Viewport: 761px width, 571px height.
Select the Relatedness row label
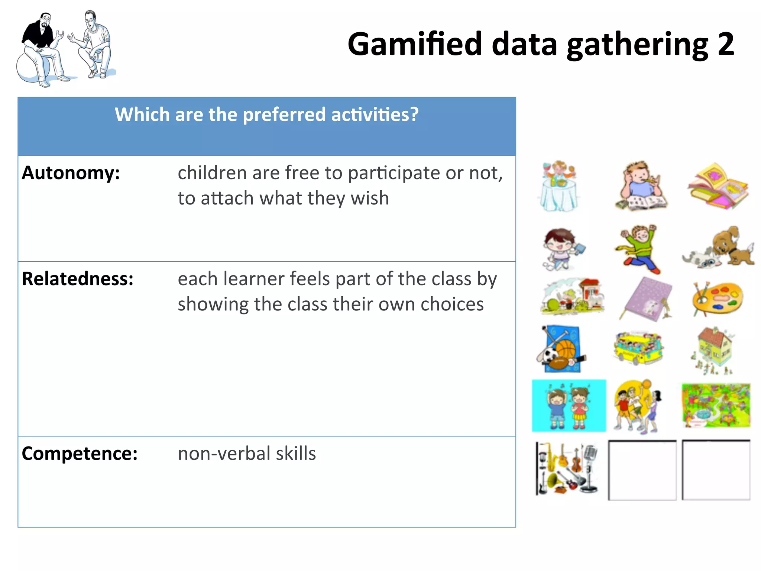click(77, 279)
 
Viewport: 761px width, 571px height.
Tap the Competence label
click(80, 454)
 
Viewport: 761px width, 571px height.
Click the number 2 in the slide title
click(726, 45)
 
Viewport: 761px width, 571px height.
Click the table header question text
click(266, 114)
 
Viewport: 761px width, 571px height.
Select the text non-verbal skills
click(247, 454)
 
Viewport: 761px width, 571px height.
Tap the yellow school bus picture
click(638, 348)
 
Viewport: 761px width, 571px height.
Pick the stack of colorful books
click(718, 186)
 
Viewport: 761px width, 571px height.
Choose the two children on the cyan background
click(569, 406)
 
